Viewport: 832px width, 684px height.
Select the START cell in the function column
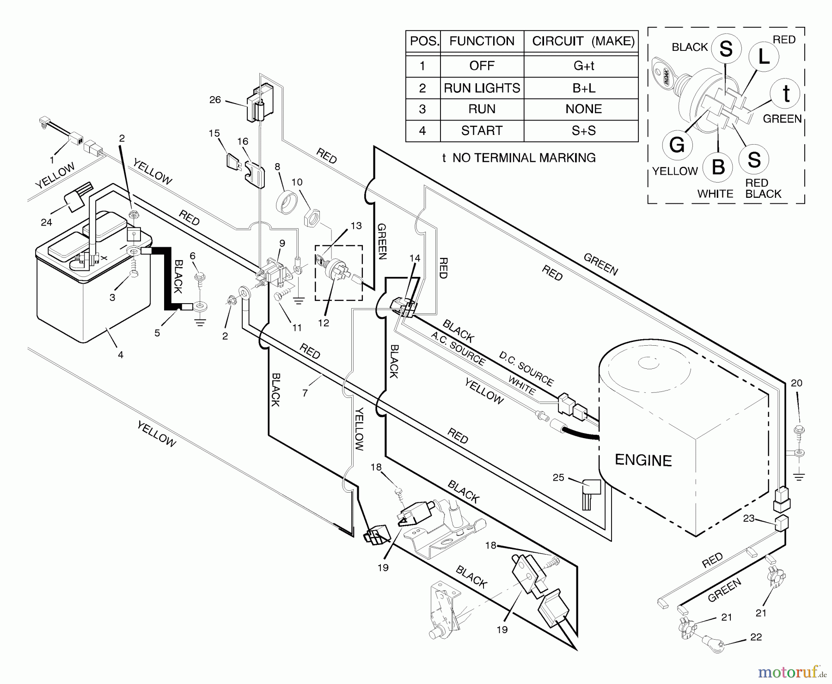[482, 131]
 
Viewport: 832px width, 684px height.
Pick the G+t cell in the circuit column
[583, 66]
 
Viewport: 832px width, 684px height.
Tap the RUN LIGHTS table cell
[482, 88]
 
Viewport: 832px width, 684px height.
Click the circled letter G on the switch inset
[677, 145]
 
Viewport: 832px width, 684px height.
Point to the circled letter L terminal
[764, 57]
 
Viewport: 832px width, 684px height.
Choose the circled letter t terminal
[786, 93]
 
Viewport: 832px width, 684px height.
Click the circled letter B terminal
[718, 166]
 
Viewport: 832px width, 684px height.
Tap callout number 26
[215, 100]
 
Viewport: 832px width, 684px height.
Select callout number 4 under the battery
[121, 355]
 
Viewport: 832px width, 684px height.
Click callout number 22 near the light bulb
[756, 637]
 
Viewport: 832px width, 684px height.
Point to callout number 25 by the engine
[558, 477]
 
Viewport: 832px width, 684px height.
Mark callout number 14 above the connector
[415, 258]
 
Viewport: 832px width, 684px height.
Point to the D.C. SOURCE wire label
[526, 368]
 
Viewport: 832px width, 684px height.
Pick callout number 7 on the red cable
[305, 393]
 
